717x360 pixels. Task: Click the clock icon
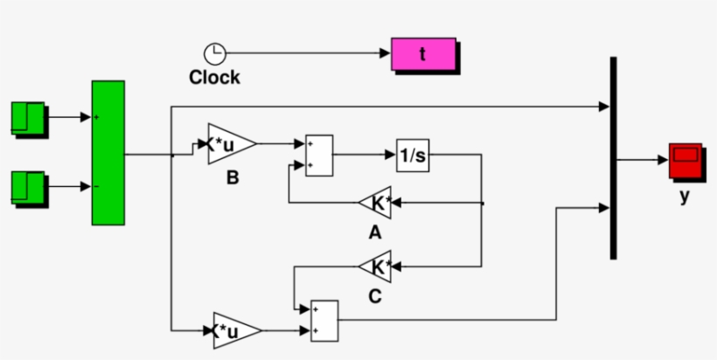[214, 54]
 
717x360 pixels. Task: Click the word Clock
[214, 78]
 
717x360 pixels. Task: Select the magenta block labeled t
[423, 54]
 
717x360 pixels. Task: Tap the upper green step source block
[28, 119]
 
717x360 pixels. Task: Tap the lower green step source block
[28, 188]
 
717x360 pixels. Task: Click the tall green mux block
[108, 153]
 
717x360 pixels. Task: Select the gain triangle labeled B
[230, 144]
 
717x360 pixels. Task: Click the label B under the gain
[233, 178]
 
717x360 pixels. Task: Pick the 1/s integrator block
[412, 156]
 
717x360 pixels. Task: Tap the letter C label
[374, 297]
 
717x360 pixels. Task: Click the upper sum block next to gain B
[318, 156]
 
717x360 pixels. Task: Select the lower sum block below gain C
[324, 320]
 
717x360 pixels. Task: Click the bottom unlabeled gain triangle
[234, 330]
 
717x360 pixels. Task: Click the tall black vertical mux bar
[613, 157]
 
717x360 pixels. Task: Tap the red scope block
[686, 160]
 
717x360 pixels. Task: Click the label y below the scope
[685, 197]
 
